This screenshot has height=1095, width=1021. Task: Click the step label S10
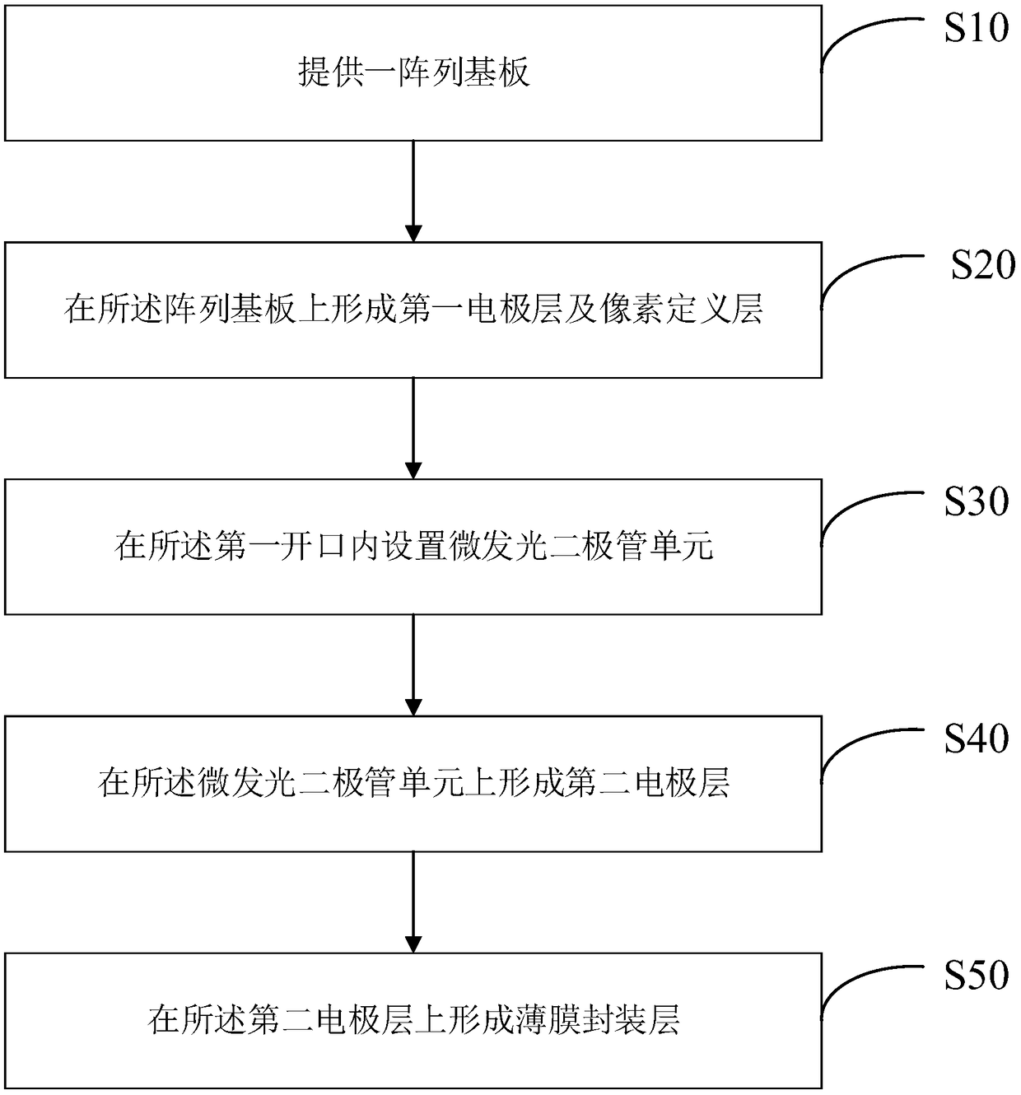[x=976, y=28]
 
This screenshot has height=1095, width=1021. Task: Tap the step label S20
[x=983, y=265]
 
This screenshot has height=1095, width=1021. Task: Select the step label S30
[x=976, y=501]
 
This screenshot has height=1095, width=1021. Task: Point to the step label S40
[x=976, y=739]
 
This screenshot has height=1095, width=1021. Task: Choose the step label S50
[x=976, y=975]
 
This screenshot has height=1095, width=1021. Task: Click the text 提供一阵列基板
[x=413, y=73]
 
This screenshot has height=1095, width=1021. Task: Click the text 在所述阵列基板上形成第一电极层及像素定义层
[x=413, y=310]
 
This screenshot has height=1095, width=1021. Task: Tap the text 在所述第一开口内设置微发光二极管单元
[x=413, y=546]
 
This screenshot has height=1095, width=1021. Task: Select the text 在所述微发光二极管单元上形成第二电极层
[x=413, y=783]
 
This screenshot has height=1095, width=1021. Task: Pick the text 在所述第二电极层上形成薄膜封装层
[x=413, y=1020]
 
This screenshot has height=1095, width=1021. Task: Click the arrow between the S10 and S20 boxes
[x=413, y=191]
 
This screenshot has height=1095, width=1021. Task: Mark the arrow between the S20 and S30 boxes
[x=413, y=428]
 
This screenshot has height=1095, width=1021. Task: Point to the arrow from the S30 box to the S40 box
[x=413, y=664]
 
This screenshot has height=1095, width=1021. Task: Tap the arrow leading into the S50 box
[x=413, y=902]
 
